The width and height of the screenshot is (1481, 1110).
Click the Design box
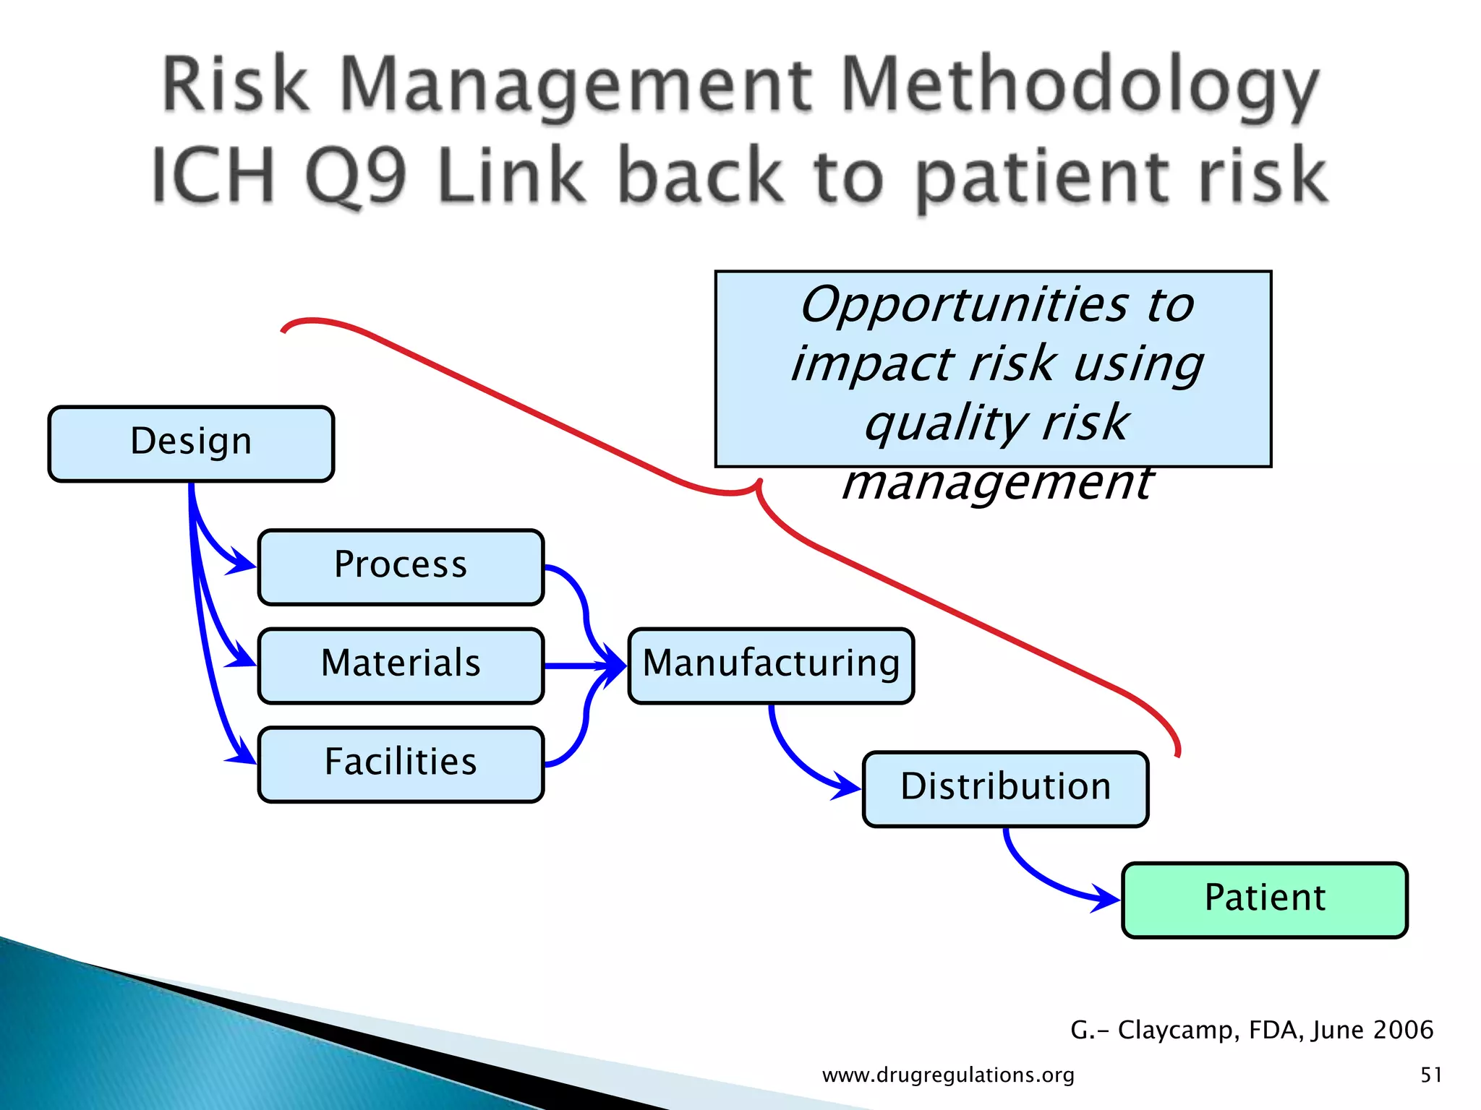point(191,443)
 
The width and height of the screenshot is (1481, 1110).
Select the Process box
point(401,567)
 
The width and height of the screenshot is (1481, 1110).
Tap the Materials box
point(401,665)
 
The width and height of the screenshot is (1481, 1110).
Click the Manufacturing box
point(771,665)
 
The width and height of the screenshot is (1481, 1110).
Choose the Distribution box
point(1005,788)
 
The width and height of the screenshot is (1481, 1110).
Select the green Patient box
point(1264,900)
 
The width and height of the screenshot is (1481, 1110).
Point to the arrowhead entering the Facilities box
point(243,755)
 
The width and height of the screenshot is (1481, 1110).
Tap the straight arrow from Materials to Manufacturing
point(579,666)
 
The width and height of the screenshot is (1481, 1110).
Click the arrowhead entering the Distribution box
point(848,786)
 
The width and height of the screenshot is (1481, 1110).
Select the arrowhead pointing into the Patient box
point(1106,899)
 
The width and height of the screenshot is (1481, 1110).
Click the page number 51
point(1431,1075)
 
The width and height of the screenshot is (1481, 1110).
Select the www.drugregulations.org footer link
point(948,1075)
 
